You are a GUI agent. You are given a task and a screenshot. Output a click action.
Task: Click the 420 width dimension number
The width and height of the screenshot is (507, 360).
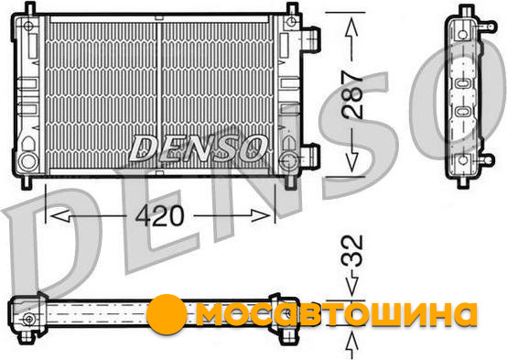(160, 216)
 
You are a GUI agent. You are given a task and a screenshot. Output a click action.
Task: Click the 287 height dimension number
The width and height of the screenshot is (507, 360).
(352, 94)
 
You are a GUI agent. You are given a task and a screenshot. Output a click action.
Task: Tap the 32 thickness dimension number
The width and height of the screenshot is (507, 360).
(352, 251)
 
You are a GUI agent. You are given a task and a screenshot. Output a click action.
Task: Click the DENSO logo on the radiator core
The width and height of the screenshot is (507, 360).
(198, 148)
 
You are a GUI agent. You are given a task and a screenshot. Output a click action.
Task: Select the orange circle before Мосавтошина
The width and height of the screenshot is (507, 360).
(167, 314)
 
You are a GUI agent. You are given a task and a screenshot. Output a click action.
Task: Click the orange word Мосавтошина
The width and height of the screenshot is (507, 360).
(336, 313)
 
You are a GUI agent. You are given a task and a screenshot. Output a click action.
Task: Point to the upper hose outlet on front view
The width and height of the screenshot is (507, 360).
(311, 38)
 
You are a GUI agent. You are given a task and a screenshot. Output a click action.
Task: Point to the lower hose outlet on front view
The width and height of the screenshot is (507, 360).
(311, 156)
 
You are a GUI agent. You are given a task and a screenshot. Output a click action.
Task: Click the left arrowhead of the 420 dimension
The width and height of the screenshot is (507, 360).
(59, 215)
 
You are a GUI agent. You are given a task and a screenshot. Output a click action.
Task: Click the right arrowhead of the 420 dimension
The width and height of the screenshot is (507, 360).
(261, 215)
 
